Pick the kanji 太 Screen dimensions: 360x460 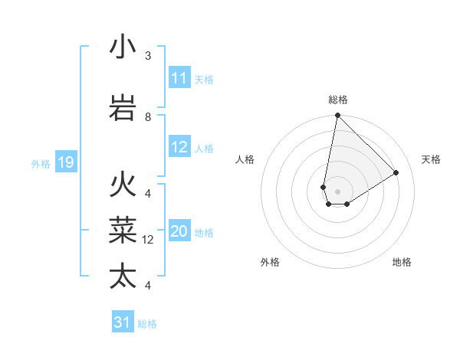pyautogui.click(x=123, y=275)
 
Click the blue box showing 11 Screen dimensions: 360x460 pyautogui.click(x=179, y=78)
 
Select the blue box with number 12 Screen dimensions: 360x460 pyautogui.click(x=179, y=148)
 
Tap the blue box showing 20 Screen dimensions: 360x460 pyautogui.click(x=179, y=232)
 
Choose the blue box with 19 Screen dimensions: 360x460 pyautogui.click(x=66, y=162)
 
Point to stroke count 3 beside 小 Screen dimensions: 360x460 pyautogui.click(x=148, y=56)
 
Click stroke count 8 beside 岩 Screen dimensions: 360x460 pyautogui.click(x=148, y=117)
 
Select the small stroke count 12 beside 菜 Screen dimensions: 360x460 pyautogui.click(x=148, y=240)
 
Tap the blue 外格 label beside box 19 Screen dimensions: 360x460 pyautogui.click(x=41, y=163)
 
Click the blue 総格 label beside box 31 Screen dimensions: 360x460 pyautogui.click(x=147, y=324)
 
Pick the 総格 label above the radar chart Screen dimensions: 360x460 pyautogui.click(x=337, y=100)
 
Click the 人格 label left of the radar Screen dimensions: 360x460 pyautogui.click(x=245, y=159)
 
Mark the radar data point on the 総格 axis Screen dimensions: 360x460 pyautogui.click(x=337, y=116)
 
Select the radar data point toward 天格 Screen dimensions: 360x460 pyautogui.click(x=396, y=173)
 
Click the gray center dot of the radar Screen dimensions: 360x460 pyautogui.click(x=337, y=191)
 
